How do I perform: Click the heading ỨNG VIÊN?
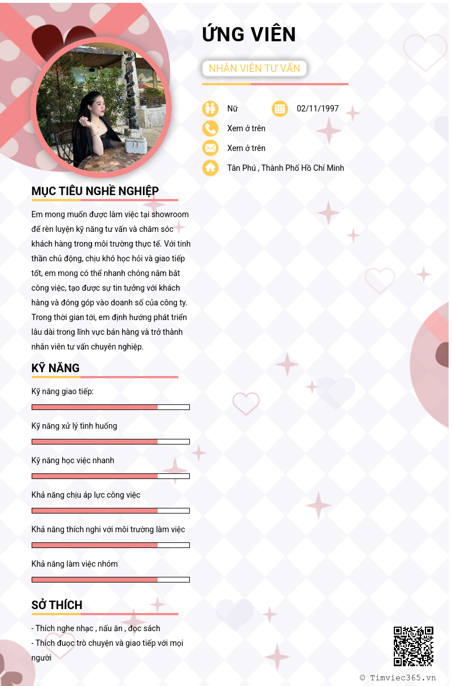point(249,34)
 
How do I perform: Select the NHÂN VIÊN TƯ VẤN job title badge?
point(254,68)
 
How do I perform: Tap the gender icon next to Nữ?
point(210,109)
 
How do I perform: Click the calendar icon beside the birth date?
point(280,109)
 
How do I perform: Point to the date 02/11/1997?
point(318,109)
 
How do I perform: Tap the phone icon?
point(210,128)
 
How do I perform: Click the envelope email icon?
point(210,148)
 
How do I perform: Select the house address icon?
point(210,168)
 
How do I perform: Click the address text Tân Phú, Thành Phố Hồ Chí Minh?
point(285,168)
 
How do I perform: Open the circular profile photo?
point(101,107)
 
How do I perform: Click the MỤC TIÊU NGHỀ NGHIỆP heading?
point(95,191)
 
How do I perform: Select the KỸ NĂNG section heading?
point(55,369)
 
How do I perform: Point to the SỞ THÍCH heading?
point(56,605)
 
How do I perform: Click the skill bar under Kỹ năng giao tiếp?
point(111,407)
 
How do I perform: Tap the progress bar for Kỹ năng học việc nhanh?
point(111,476)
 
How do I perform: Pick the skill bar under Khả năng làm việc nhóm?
point(111,580)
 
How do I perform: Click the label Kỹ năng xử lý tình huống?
point(74,426)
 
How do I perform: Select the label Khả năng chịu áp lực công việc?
point(86,495)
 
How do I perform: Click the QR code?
point(414,646)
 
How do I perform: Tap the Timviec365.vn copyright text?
point(398,678)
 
